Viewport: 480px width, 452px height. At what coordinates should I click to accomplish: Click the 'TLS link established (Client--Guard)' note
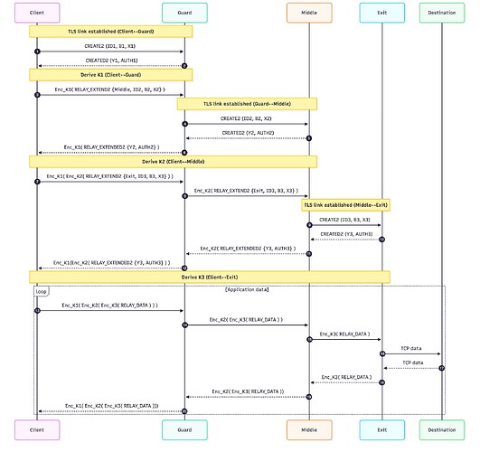pos(111,31)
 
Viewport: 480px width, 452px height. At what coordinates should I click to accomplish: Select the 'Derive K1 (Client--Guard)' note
pos(111,74)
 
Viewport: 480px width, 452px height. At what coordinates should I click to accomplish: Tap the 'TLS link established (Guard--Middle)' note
pos(246,104)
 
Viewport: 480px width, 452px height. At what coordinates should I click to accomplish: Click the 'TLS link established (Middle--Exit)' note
pos(345,205)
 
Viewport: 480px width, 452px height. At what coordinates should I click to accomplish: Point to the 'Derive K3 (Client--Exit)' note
pos(210,275)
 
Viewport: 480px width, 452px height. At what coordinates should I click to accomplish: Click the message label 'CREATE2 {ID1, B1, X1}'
pos(110,44)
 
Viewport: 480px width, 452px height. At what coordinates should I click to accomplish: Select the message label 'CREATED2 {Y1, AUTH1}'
pos(110,59)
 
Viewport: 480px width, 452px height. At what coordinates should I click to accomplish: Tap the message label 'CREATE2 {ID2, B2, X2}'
pos(246,118)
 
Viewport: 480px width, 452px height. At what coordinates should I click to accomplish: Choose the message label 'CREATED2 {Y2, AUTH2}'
pos(246,132)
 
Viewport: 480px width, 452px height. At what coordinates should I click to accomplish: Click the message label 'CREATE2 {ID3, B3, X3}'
pos(344,219)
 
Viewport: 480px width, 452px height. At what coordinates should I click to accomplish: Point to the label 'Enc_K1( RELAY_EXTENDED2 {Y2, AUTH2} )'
pos(110,146)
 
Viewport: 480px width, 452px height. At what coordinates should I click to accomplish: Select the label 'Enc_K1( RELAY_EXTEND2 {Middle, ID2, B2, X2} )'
pos(110,88)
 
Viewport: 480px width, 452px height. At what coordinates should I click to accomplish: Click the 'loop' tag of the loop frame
pos(41,291)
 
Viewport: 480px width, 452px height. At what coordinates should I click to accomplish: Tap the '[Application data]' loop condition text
pos(246,289)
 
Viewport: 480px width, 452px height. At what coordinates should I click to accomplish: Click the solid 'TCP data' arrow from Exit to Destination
pos(411,353)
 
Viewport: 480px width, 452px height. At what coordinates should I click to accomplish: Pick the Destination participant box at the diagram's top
pos(442,13)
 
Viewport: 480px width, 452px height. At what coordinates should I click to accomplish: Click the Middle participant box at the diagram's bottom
pos(309,430)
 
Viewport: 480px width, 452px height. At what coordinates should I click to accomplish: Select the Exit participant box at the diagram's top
pos(381,13)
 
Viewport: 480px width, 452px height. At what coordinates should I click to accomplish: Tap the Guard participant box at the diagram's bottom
pos(184,430)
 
